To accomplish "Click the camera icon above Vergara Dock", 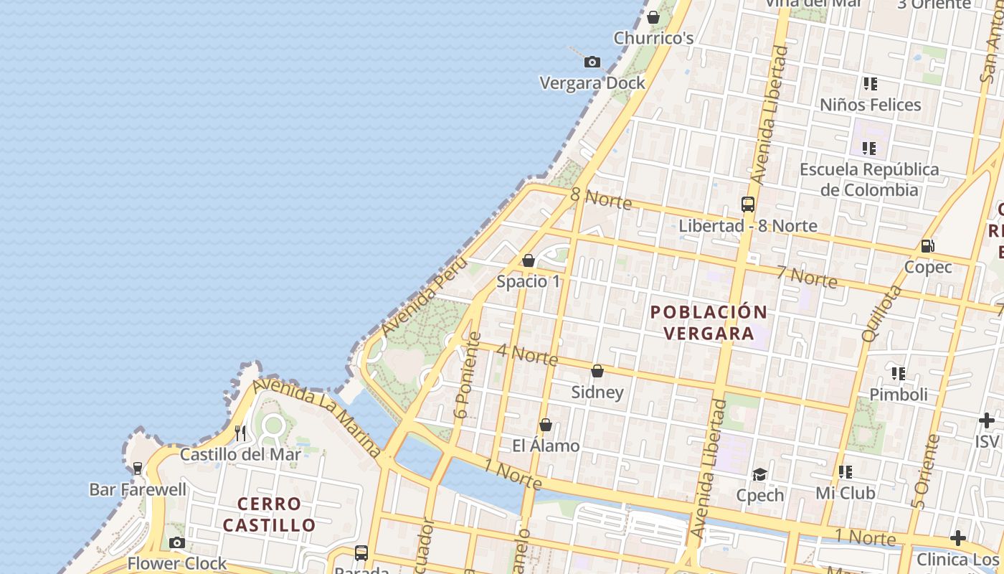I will click(x=592, y=62).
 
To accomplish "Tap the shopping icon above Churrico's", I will click(x=653, y=17).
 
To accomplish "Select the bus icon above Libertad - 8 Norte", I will click(x=748, y=204).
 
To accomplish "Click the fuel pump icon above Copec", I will click(x=927, y=246).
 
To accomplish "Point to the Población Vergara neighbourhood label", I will click(x=708, y=323).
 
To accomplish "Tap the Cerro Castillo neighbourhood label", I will click(x=269, y=514).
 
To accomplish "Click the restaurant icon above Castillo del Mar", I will click(x=240, y=433).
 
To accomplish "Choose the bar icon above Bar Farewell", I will click(x=138, y=469).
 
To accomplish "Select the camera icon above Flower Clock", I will click(x=177, y=542).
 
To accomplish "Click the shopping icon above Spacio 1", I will click(x=529, y=260).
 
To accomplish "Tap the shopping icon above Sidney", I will click(x=597, y=371).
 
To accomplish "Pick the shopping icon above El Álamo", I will click(x=546, y=425).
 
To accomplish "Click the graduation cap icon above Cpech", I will click(x=759, y=474).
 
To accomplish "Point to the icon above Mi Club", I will click(x=846, y=472).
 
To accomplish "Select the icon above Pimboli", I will click(x=899, y=373).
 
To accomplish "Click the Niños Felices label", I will click(x=870, y=105).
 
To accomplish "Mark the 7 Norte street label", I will click(x=806, y=276).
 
